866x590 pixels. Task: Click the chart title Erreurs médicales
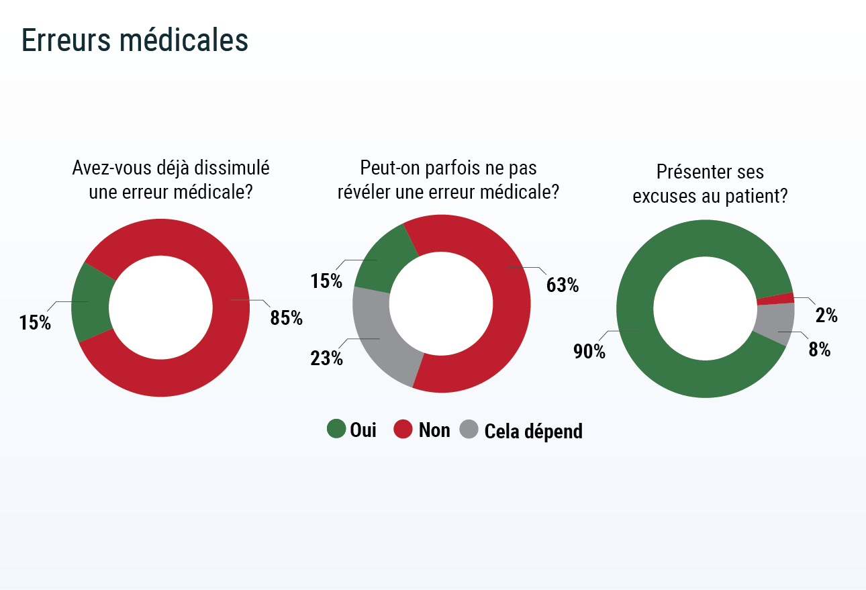point(135,40)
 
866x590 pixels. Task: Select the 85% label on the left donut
point(286,318)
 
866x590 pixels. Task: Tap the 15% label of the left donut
point(36,323)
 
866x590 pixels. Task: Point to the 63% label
point(563,285)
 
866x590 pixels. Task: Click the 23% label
point(326,358)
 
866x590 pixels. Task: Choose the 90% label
point(589,351)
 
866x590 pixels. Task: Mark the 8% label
point(820,350)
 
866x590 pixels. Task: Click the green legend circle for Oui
point(336,430)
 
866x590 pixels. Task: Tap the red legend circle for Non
point(403,430)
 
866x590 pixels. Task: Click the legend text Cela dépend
point(533,431)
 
